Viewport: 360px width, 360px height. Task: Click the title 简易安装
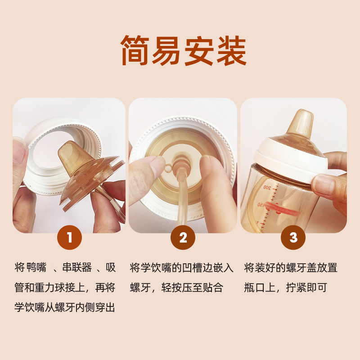(x=184, y=50)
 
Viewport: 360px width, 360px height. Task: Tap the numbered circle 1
(x=70, y=238)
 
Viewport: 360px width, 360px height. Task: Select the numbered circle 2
(x=183, y=238)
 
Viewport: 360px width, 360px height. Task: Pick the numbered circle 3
(x=293, y=238)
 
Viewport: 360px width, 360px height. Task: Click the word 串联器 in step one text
(x=77, y=268)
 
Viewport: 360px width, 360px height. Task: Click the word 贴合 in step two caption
(x=213, y=288)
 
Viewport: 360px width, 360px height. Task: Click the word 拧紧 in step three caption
(x=296, y=288)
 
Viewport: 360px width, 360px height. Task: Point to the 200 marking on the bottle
(x=267, y=188)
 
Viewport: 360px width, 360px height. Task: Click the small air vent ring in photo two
(x=168, y=169)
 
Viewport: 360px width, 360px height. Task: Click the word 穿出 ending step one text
(x=105, y=307)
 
